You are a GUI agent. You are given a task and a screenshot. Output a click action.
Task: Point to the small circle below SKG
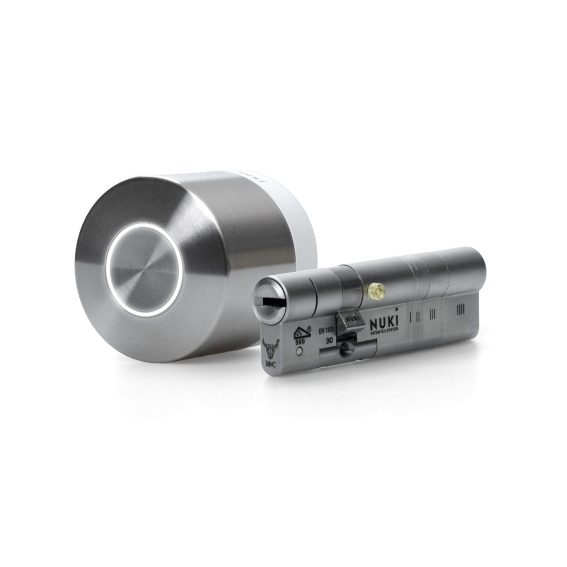click(x=299, y=352)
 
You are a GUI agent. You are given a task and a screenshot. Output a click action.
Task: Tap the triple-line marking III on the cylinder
click(x=432, y=314)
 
